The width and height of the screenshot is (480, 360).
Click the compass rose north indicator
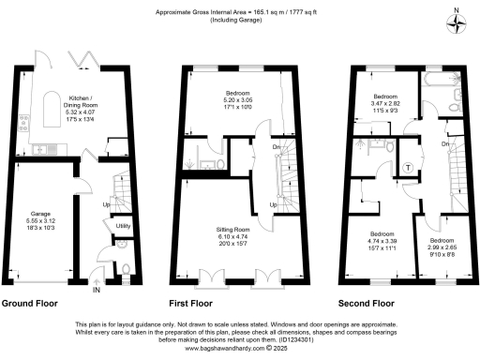457,23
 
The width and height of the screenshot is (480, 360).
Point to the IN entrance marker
95,290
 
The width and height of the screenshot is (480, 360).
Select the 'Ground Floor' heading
30,304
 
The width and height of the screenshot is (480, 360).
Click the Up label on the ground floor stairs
104,202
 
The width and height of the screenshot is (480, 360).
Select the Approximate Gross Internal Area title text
239,10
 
